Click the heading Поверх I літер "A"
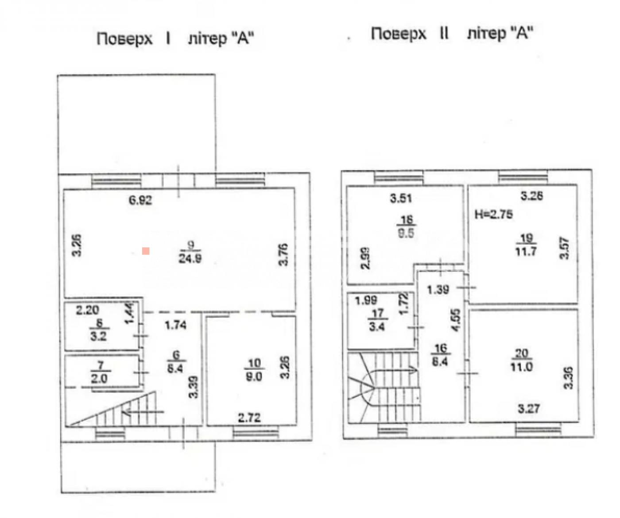(175, 38)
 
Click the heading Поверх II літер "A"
(451, 33)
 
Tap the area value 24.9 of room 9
(190, 258)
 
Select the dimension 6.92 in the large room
(140, 200)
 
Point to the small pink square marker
(146, 251)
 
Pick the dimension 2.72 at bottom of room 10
(249, 417)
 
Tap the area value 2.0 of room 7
(99, 379)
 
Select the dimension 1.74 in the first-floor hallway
(175, 325)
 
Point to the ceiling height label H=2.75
(494, 215)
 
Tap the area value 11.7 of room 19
(526, 252)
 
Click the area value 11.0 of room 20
(521, 367)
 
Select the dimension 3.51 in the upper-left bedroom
(401, 198)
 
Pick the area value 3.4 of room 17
(376, 328)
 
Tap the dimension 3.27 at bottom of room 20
(529, 408)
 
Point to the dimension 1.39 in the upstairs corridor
(438, 290)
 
